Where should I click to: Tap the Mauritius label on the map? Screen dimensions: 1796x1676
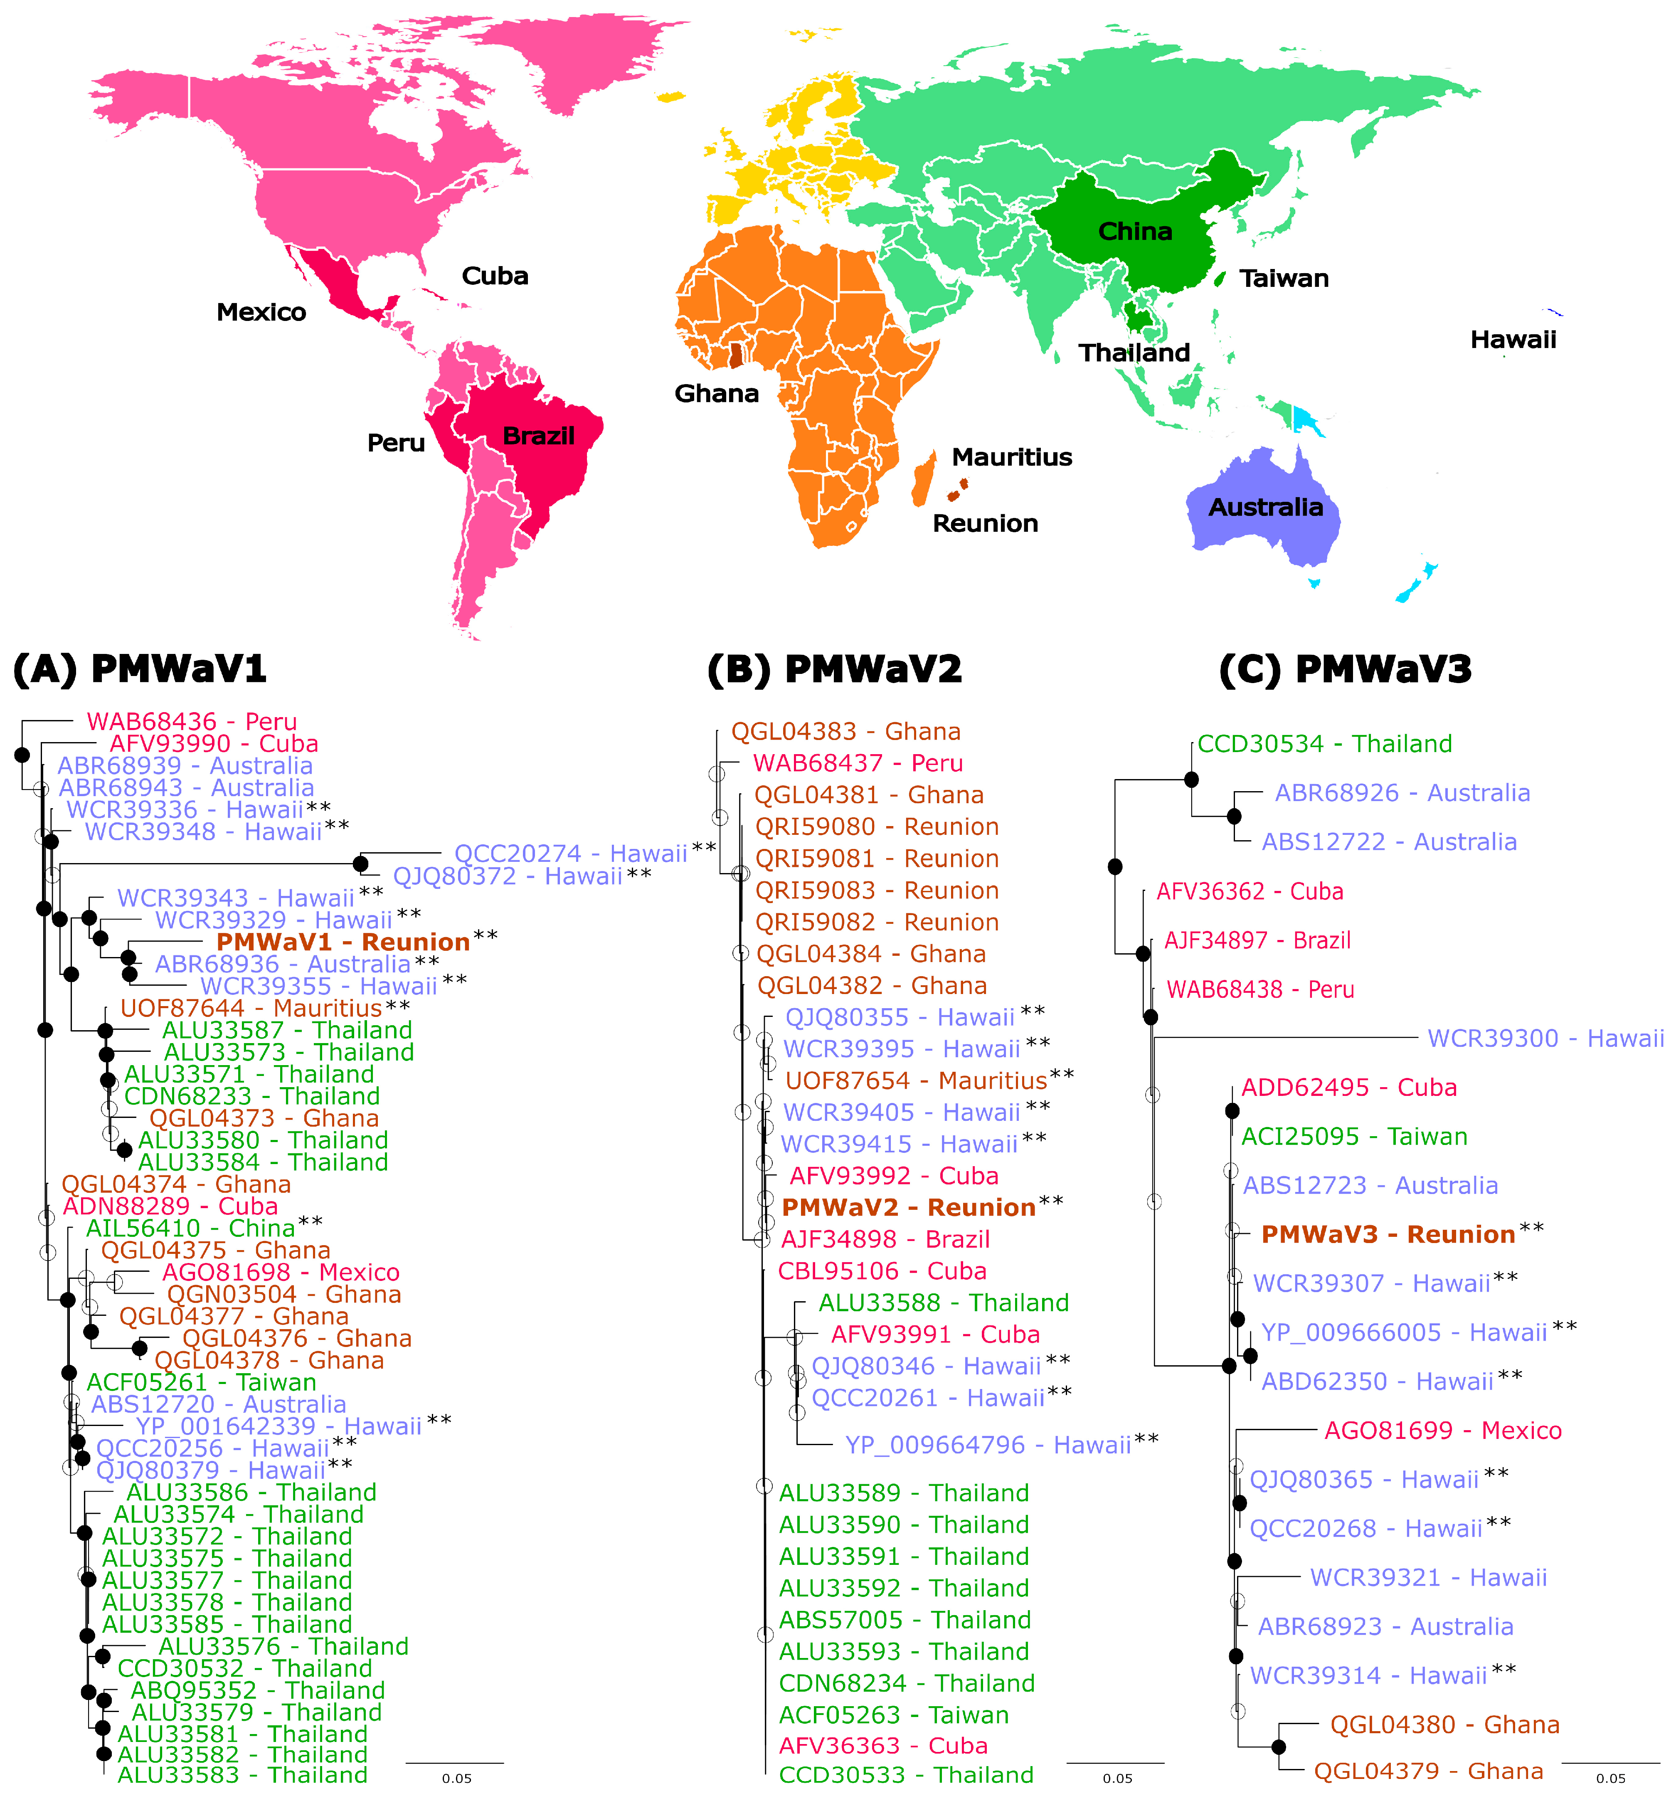pyautogui.click(x=1012, y=457)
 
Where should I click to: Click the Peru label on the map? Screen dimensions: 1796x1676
pyautogui.click(x=396, y=443)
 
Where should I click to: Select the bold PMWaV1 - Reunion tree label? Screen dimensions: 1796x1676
pyautogui.click(x=343, y=942)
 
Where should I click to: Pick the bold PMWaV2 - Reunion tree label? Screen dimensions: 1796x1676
pyautogui.click(x=908, y=1208)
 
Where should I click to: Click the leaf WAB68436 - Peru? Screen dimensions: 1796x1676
pyautogui.click(x=192, y=722)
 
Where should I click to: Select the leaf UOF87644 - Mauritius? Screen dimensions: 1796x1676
pyautogui.click(x=251, y=1008)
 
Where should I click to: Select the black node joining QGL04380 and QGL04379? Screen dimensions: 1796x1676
pyautogui.click(x=1279, y=1747)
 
